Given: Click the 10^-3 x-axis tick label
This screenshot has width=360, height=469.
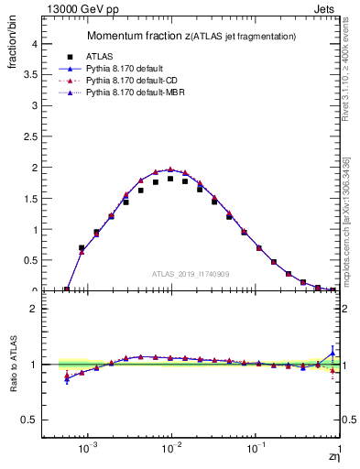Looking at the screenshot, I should tap(88, 449).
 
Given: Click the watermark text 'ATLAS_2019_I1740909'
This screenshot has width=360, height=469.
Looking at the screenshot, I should tap(191, 274).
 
